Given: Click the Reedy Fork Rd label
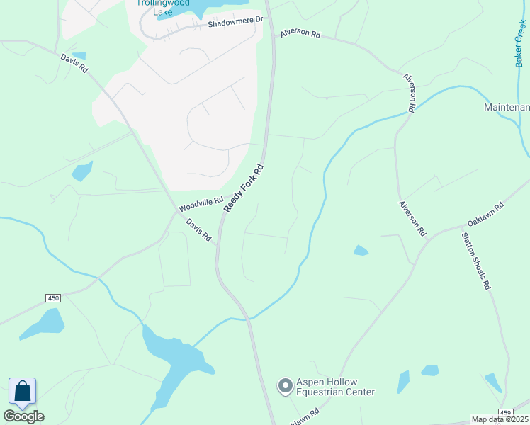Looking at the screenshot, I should [x=244, y=188].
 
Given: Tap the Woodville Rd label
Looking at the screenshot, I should [x=201, y=205].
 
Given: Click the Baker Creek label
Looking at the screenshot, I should [x=520, y=43].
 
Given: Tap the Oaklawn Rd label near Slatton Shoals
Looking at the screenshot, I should [x=485, y=215].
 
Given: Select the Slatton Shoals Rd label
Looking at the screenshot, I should [x=476, y=261].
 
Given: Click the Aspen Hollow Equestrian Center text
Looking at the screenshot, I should [x=335, y=386].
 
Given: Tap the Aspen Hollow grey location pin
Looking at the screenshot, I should [x=285, y=386].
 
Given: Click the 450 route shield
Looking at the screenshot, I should [x=53, y=298].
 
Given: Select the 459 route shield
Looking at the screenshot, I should [x=505, y=412].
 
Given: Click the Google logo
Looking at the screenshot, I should [x=23, y=416].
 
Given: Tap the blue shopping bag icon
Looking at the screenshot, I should [x=22, y=392].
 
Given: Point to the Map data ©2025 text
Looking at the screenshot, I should [x=500, y=419].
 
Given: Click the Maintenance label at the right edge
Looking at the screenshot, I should [x=507, y=107].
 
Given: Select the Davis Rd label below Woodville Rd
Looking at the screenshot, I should [x=199, y=231].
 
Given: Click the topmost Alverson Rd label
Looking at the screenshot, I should [x=300, y=33].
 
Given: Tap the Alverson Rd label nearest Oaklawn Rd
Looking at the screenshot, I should [x=412, y=218].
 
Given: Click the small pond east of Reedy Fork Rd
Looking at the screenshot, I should [x=361, y=250].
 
